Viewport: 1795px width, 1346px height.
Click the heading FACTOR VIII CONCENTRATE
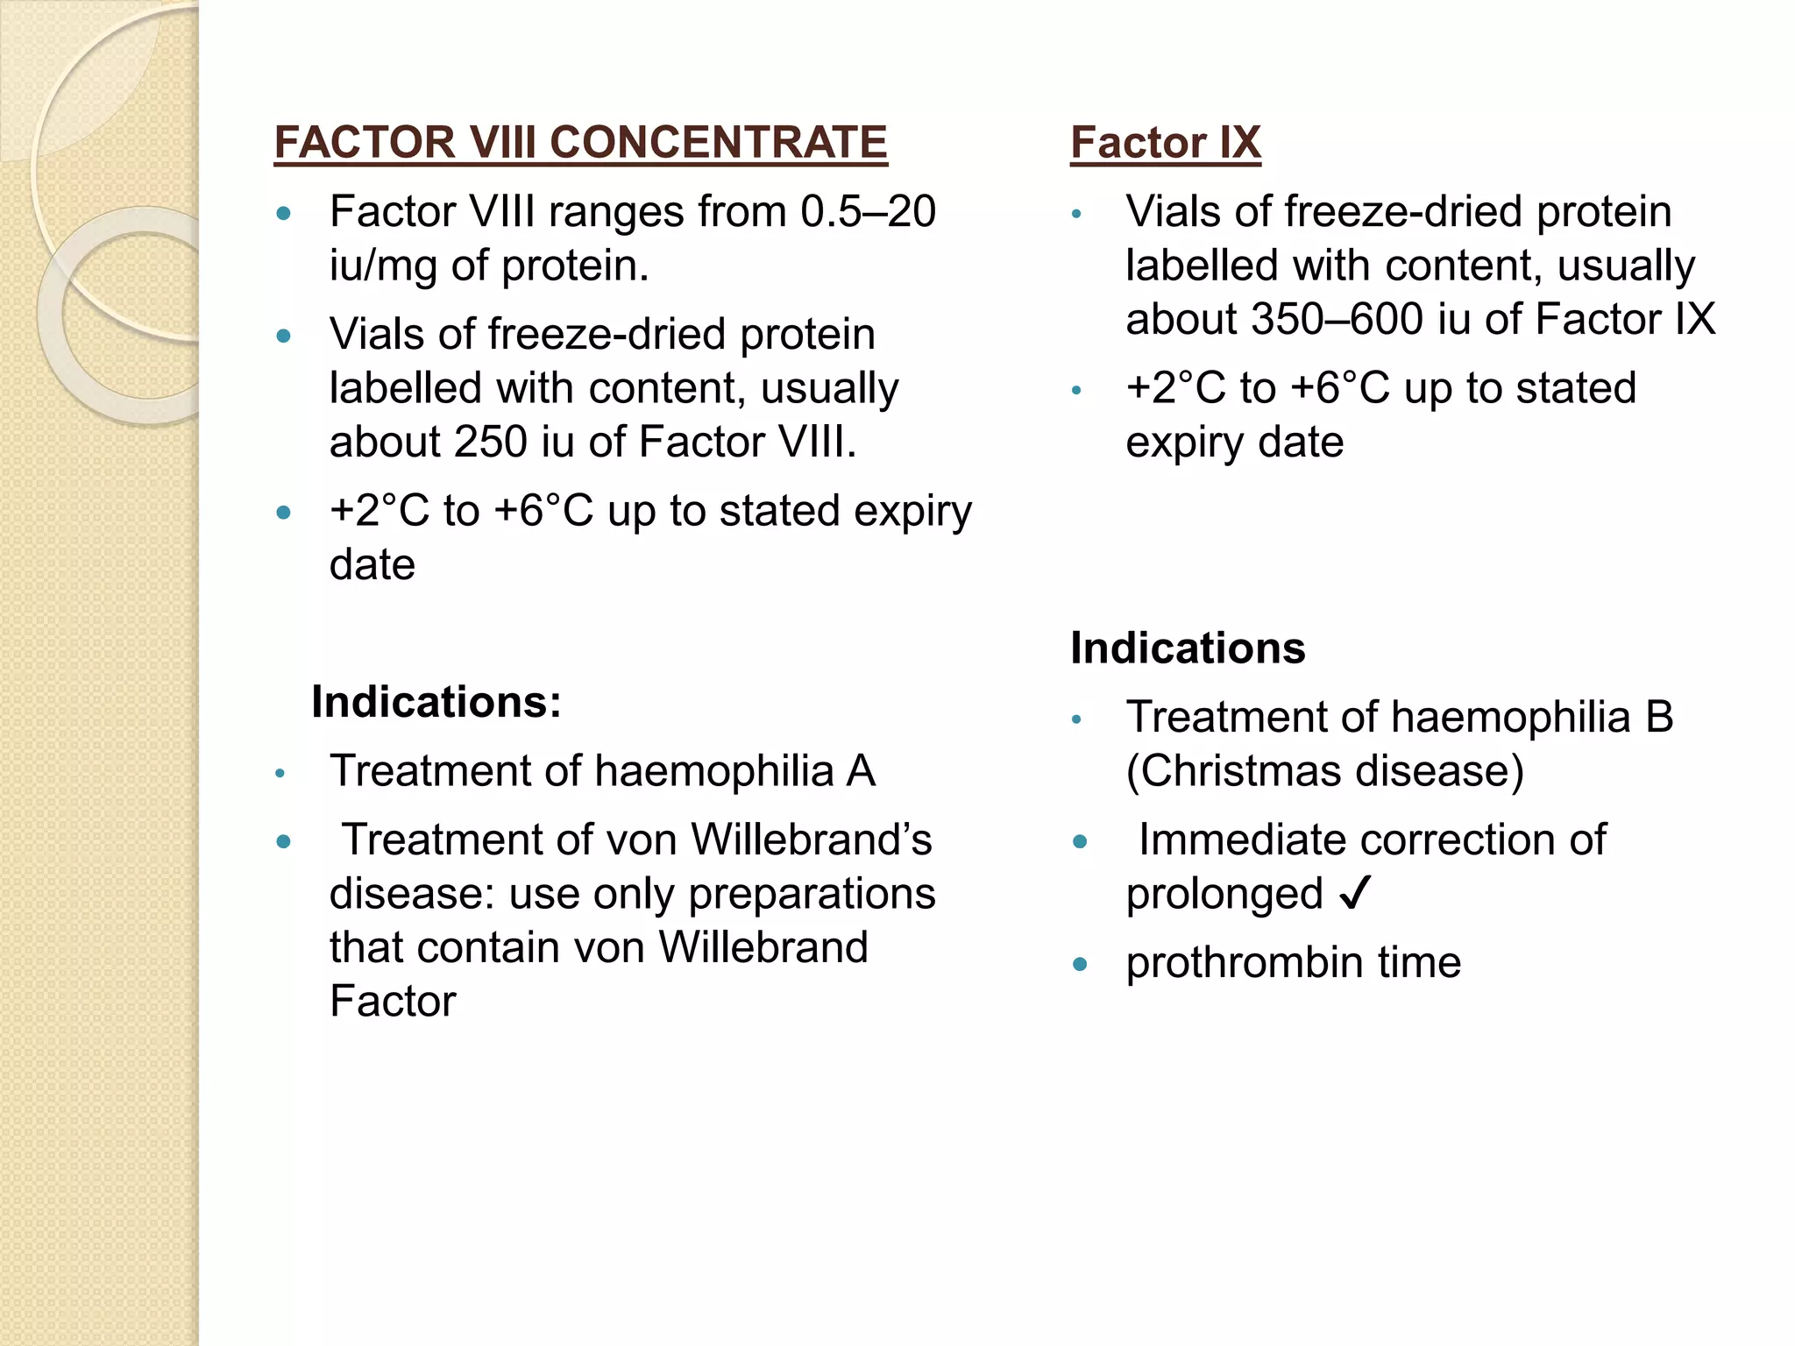tap(580, 142)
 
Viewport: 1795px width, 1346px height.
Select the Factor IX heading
tap(1165, 142)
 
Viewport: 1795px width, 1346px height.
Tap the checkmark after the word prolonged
tap(1354, 894)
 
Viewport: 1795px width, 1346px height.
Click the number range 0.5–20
tap(868, 212)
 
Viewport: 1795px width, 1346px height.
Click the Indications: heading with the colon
tap(436, 702)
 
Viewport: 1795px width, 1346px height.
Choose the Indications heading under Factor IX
tap(1188, 648)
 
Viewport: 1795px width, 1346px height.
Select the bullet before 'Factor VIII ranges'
tap(283, 213)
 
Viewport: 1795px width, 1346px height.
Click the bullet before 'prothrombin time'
tap(1080, 965)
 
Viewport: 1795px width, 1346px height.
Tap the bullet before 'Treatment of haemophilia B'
tap(1077, 720)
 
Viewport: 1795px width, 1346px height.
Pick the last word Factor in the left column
tap(393, 1002)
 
